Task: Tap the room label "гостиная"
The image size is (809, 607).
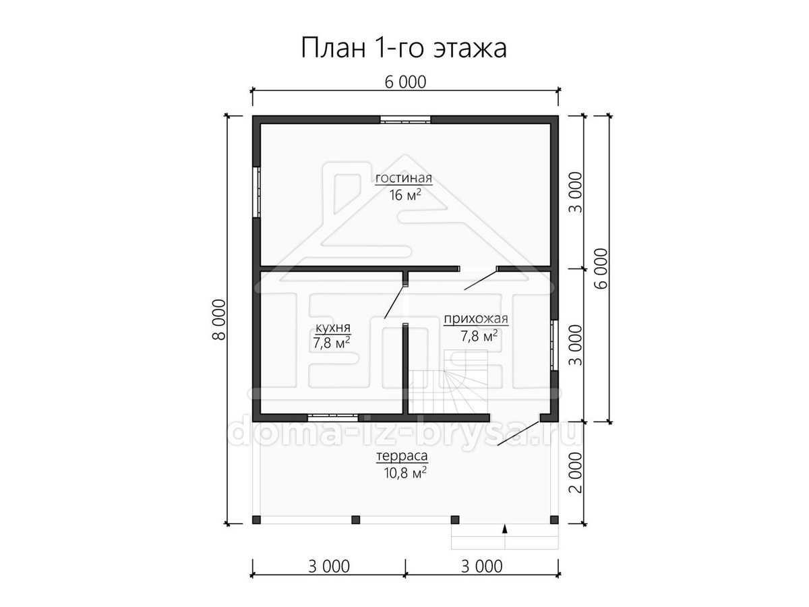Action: point(404,178)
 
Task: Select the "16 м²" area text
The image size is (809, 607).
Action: point(405,195)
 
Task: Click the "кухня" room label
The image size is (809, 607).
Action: point(333,327)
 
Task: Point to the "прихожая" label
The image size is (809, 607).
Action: point(476,319)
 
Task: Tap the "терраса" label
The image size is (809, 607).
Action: point(402,457)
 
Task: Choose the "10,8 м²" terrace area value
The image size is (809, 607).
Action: point(405,473)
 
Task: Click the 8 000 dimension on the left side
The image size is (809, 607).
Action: point(218,320)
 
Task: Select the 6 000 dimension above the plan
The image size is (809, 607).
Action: point(405,82)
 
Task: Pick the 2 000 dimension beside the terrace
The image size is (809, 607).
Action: point(575,473)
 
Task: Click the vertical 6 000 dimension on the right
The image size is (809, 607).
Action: point(601,268)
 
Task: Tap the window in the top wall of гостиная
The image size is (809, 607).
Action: point(405,120)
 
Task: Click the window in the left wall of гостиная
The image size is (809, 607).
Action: point(257,192)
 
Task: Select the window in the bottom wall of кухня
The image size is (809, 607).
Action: point(333,417)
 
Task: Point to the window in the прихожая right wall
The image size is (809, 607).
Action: point(554,345)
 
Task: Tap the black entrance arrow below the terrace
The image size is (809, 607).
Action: point(505,529)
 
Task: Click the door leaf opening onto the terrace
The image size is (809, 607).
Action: point(518,434)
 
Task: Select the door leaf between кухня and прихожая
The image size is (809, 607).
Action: point(395,302)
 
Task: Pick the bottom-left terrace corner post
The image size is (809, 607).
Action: point(257,519)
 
